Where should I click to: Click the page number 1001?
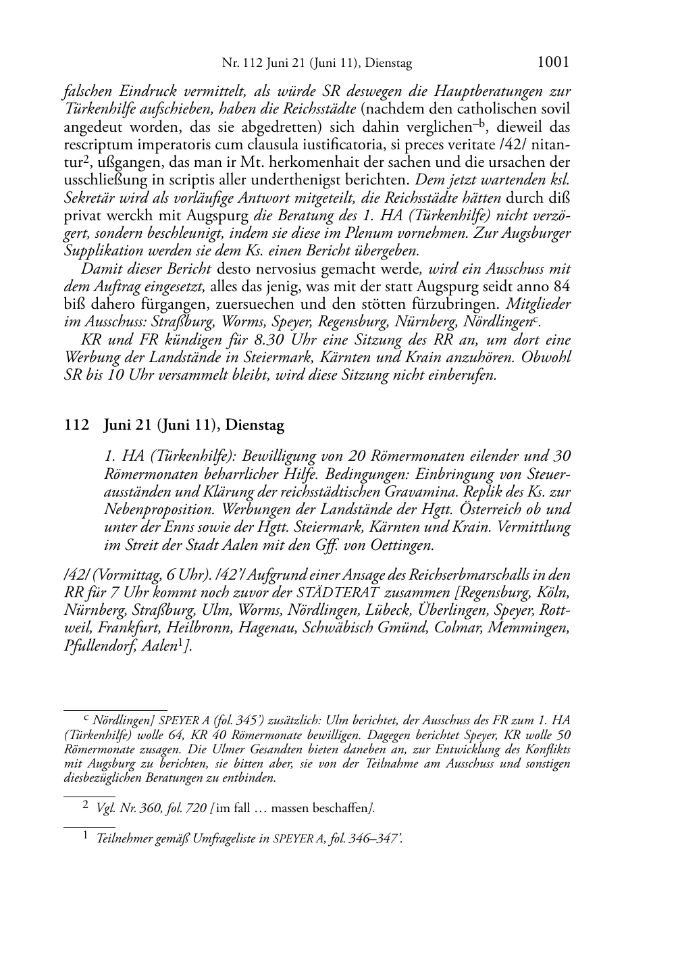tap(553, 62)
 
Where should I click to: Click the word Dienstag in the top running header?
tap(388, 64)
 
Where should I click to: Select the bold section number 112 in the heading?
tap(76, 426)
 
